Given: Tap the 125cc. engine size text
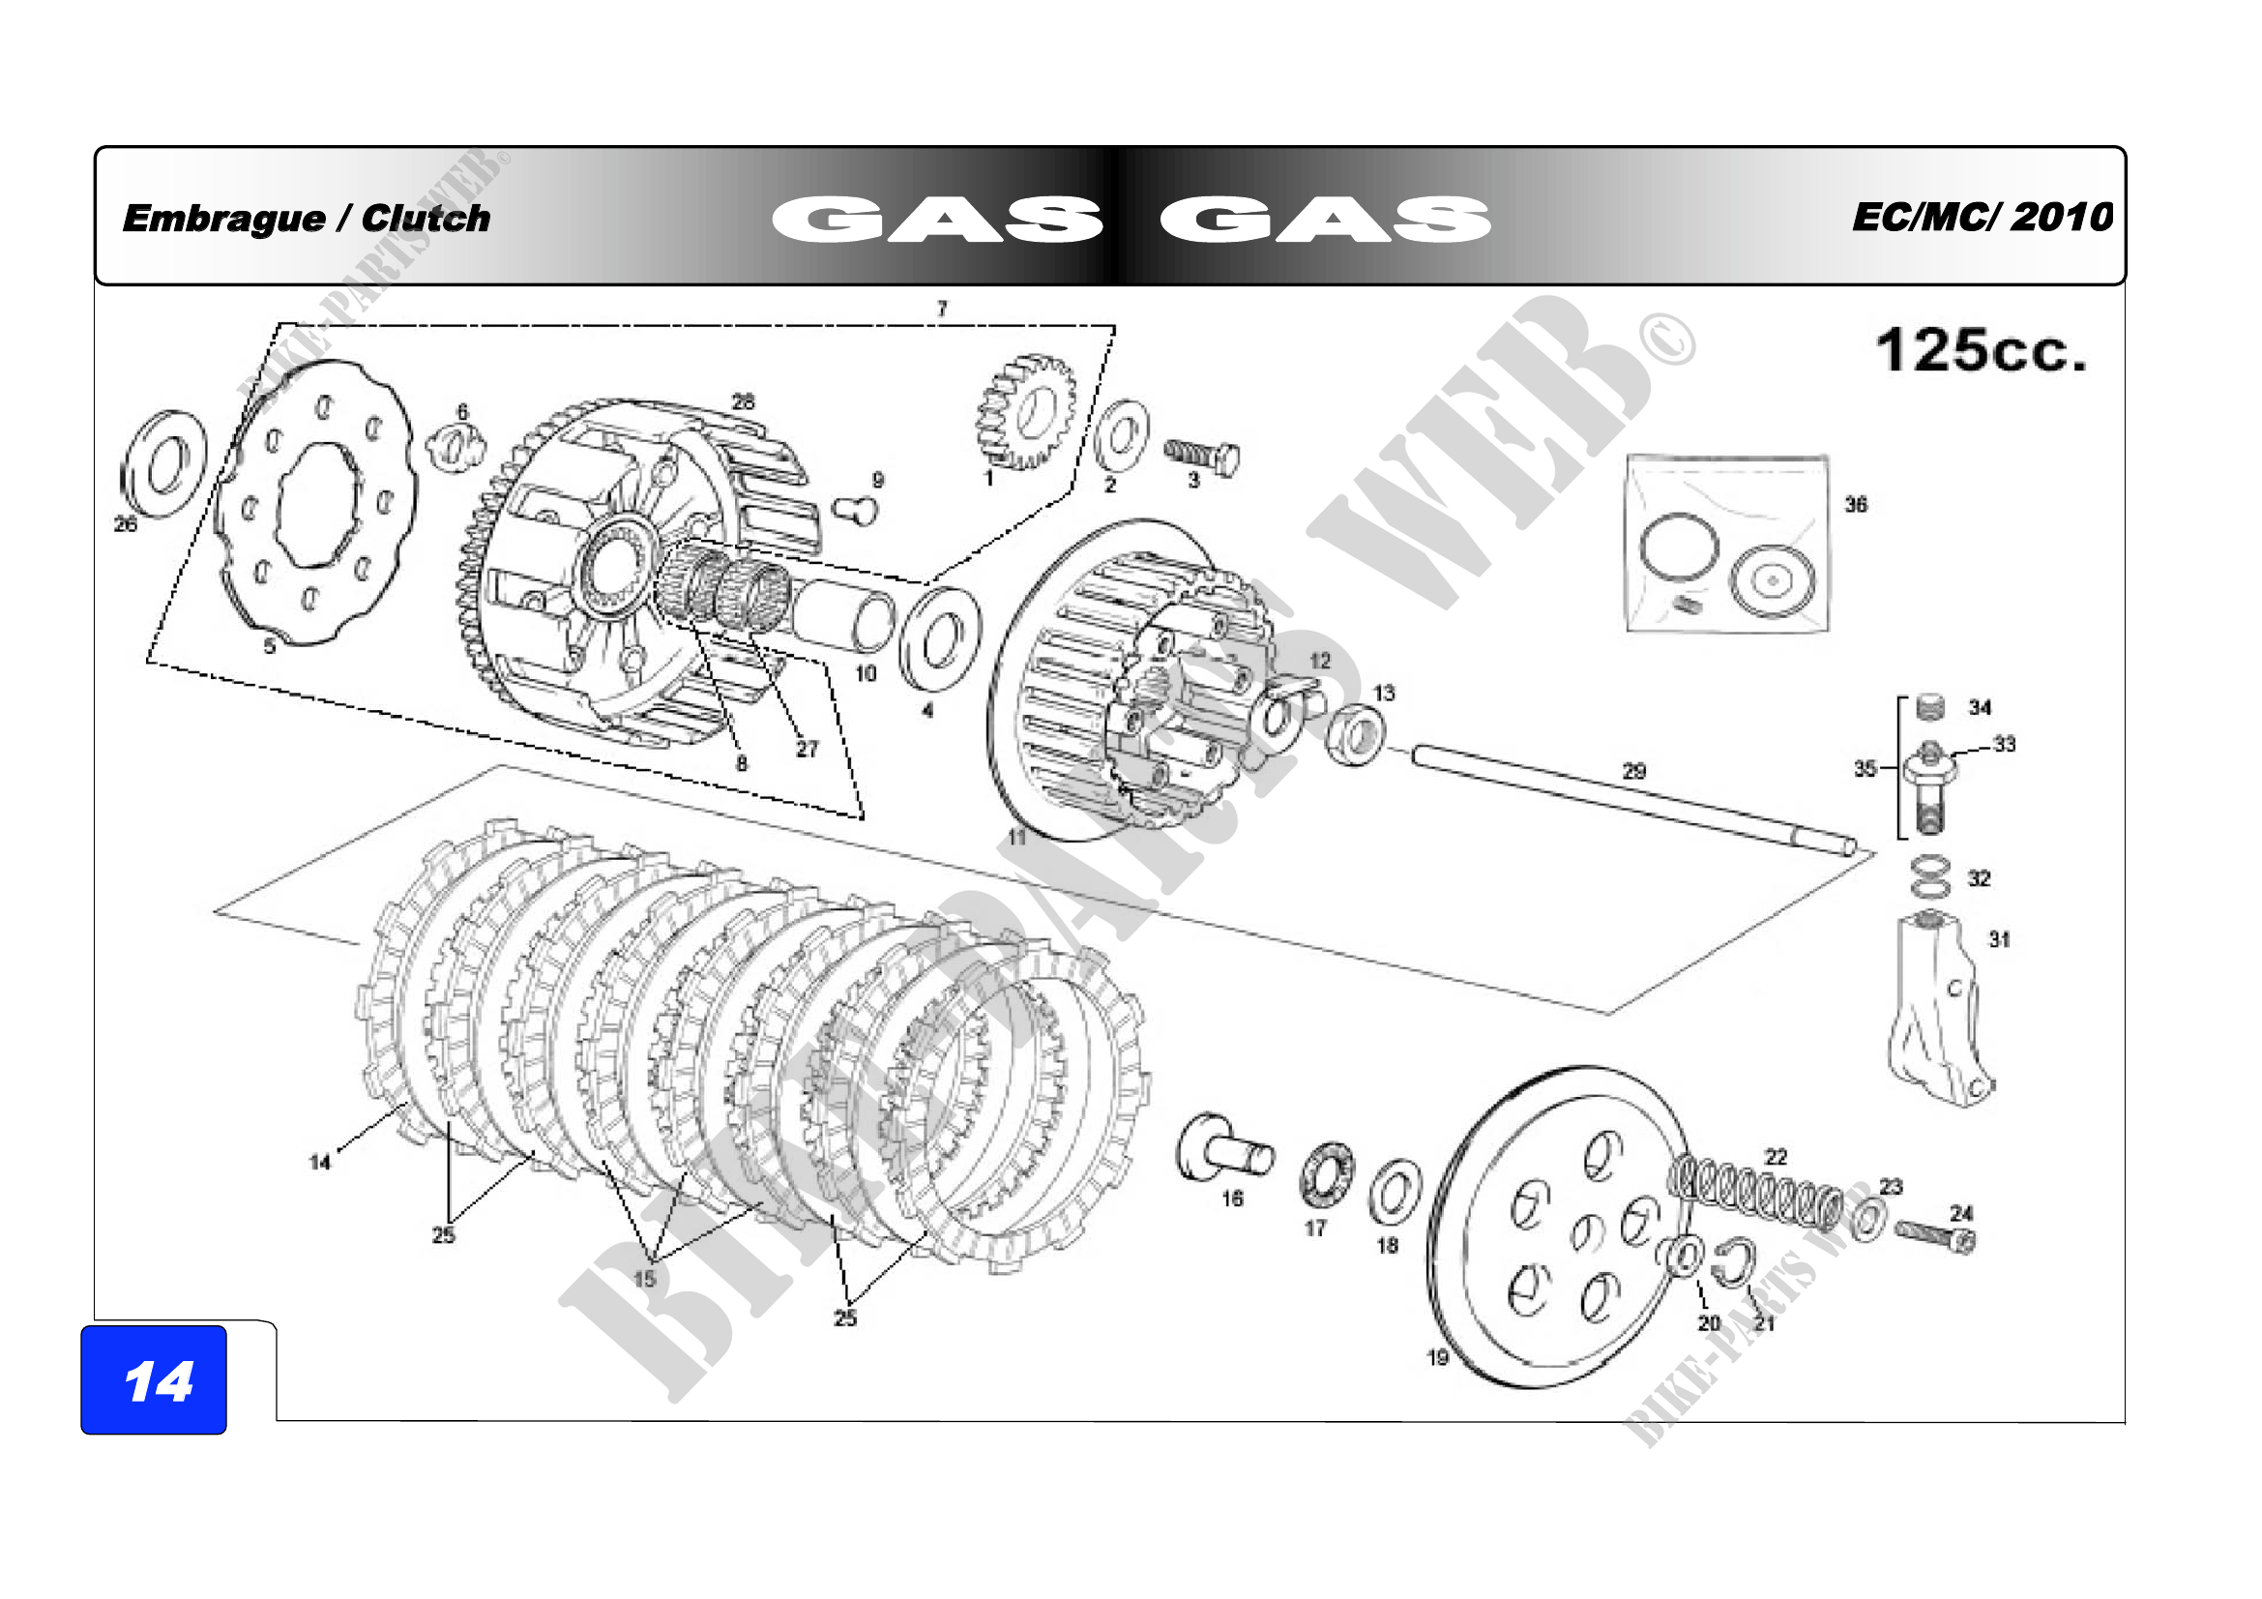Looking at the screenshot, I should pyautogui.click(x=1981, y=351).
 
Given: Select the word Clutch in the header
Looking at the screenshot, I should pyautogui.click(x=426, y=219).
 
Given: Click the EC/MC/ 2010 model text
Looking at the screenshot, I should pyautogui.click(x=1983, y=217).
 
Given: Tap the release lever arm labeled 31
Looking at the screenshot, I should pyautogui.click(x=1937, y=1015).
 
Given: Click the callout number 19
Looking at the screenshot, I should pyautogui.click(x=1437, y=1357).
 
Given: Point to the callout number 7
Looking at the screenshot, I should pyautogui.click(x=942, y=309).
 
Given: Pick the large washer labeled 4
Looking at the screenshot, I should pyautogui.click(x=940, y=638).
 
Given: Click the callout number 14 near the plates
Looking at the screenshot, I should pyautogui.click(x=320, y=1162).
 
